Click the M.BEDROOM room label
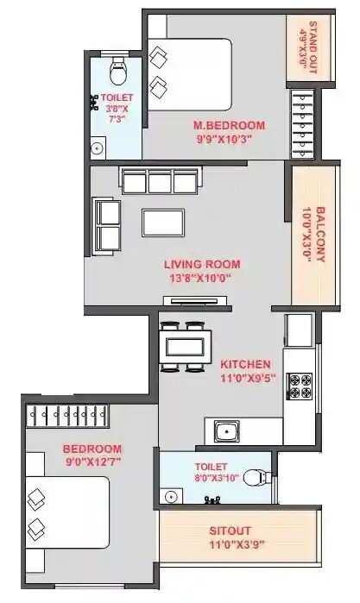[229, 126]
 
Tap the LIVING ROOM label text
[203, 264]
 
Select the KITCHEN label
[246, 363]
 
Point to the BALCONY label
[319, 234]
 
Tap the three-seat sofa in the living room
[160, 181]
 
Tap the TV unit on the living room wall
[197, 301]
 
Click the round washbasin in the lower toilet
[171, 496]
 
